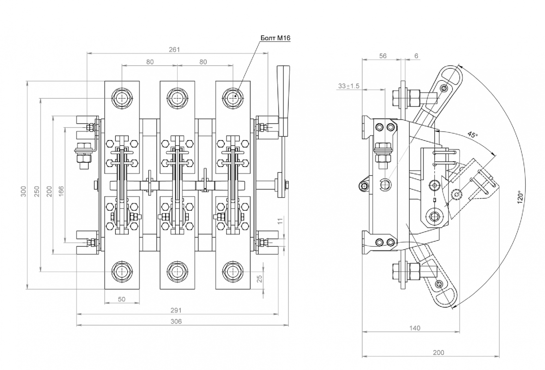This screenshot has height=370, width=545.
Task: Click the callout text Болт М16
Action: [x=275, y=38]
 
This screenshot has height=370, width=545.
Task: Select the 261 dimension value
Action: [x=174, y=49]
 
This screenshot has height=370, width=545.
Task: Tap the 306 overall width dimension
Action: [x=176, y=321]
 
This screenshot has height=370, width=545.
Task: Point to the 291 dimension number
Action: [x=176, y=310]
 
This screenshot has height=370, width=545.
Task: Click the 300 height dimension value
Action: [x=24, y=191]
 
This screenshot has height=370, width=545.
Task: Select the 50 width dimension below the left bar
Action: [x=122, y=299]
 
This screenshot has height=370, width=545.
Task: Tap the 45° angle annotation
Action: [x=473, y=135]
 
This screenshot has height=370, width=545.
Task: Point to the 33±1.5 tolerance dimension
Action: [x=349, y=86]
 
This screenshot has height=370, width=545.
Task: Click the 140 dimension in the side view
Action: [x=415, y=328]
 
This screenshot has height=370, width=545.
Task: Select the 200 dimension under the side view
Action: [x=438, y=353]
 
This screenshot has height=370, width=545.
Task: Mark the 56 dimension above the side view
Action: [x=383, y=56]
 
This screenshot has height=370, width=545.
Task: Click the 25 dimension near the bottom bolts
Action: [x=259, y=279]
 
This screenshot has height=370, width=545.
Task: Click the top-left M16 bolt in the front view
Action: [x=122, y=98]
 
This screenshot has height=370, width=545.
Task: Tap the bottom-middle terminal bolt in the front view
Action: [x=177, y=272]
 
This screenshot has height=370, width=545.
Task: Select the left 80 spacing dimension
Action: [x=150, y=62]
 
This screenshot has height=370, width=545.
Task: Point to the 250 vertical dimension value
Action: [x=37, y=191]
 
